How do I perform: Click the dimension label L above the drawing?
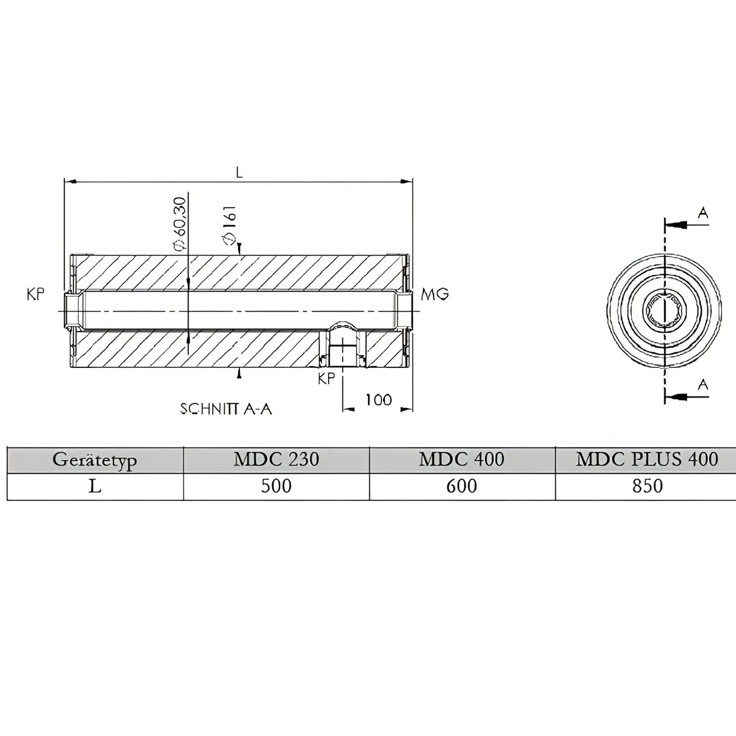pos(239,172)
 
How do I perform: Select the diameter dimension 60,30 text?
pos(179,224)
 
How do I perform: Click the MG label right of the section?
pos(435,294)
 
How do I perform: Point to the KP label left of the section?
pos(35,295)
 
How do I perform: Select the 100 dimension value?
pos(378,400)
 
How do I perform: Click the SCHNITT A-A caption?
pos(226,409)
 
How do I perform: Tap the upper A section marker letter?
pos(703,213)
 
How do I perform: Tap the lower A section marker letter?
pos(703,384)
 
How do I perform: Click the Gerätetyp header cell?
pos(95,460)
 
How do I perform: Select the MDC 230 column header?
pos(276,460)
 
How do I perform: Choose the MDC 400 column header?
pos(461,460)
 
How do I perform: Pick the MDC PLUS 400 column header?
pos(646,460)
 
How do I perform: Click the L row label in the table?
pos(95,486)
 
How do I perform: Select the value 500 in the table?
pos(276,486)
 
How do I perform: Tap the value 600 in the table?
pos(461,486)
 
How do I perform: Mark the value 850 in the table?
pos(646,486)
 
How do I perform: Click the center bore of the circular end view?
pos(665,310)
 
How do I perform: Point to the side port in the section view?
pos(343,346)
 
